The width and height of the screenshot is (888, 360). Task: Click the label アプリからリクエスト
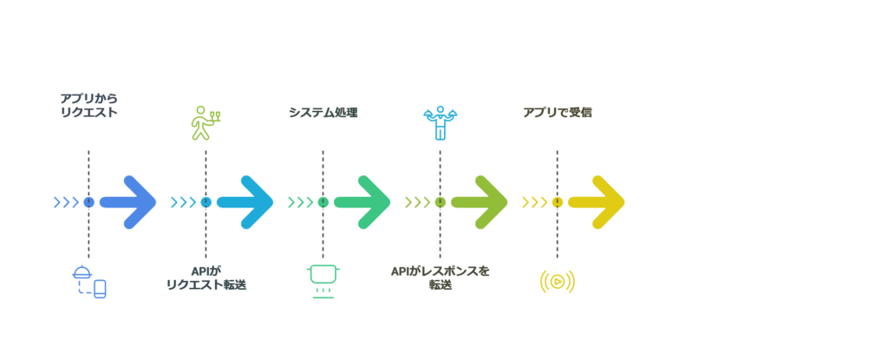(x=89, y=106)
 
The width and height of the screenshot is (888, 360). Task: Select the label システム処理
(x=323, y=112)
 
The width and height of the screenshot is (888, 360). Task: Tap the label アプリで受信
(x=558, y=112)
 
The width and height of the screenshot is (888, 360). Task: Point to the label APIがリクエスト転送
(x=206, y=278)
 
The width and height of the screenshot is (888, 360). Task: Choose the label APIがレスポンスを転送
(x=440, y=278)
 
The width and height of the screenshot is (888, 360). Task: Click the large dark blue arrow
(x=128, y=202)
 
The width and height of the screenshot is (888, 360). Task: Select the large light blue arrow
(x=245, y=202)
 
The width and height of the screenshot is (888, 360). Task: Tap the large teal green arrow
(x=362, y=202)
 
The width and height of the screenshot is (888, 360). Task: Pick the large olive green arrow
(x=480, y=202)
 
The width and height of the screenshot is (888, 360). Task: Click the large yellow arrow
(x=597, y=202)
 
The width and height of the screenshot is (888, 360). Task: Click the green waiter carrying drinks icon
(x=204, y=122)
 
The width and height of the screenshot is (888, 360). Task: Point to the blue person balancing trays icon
(x=440, y=122)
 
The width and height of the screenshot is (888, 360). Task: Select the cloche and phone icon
(x=89, y=281)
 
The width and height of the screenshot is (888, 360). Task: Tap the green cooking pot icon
(x=323, y=281)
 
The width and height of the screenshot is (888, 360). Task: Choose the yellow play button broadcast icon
(x=558, y=281)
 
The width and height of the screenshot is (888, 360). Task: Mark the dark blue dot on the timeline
(x=89, y=202)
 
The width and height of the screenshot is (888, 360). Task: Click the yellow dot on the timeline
(x=558, y=202)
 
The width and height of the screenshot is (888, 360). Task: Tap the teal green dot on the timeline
(x=323, y=202)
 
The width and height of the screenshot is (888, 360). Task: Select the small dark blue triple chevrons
(x=66, y=202)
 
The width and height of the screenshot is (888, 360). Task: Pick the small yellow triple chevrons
(x=534, y=202)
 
